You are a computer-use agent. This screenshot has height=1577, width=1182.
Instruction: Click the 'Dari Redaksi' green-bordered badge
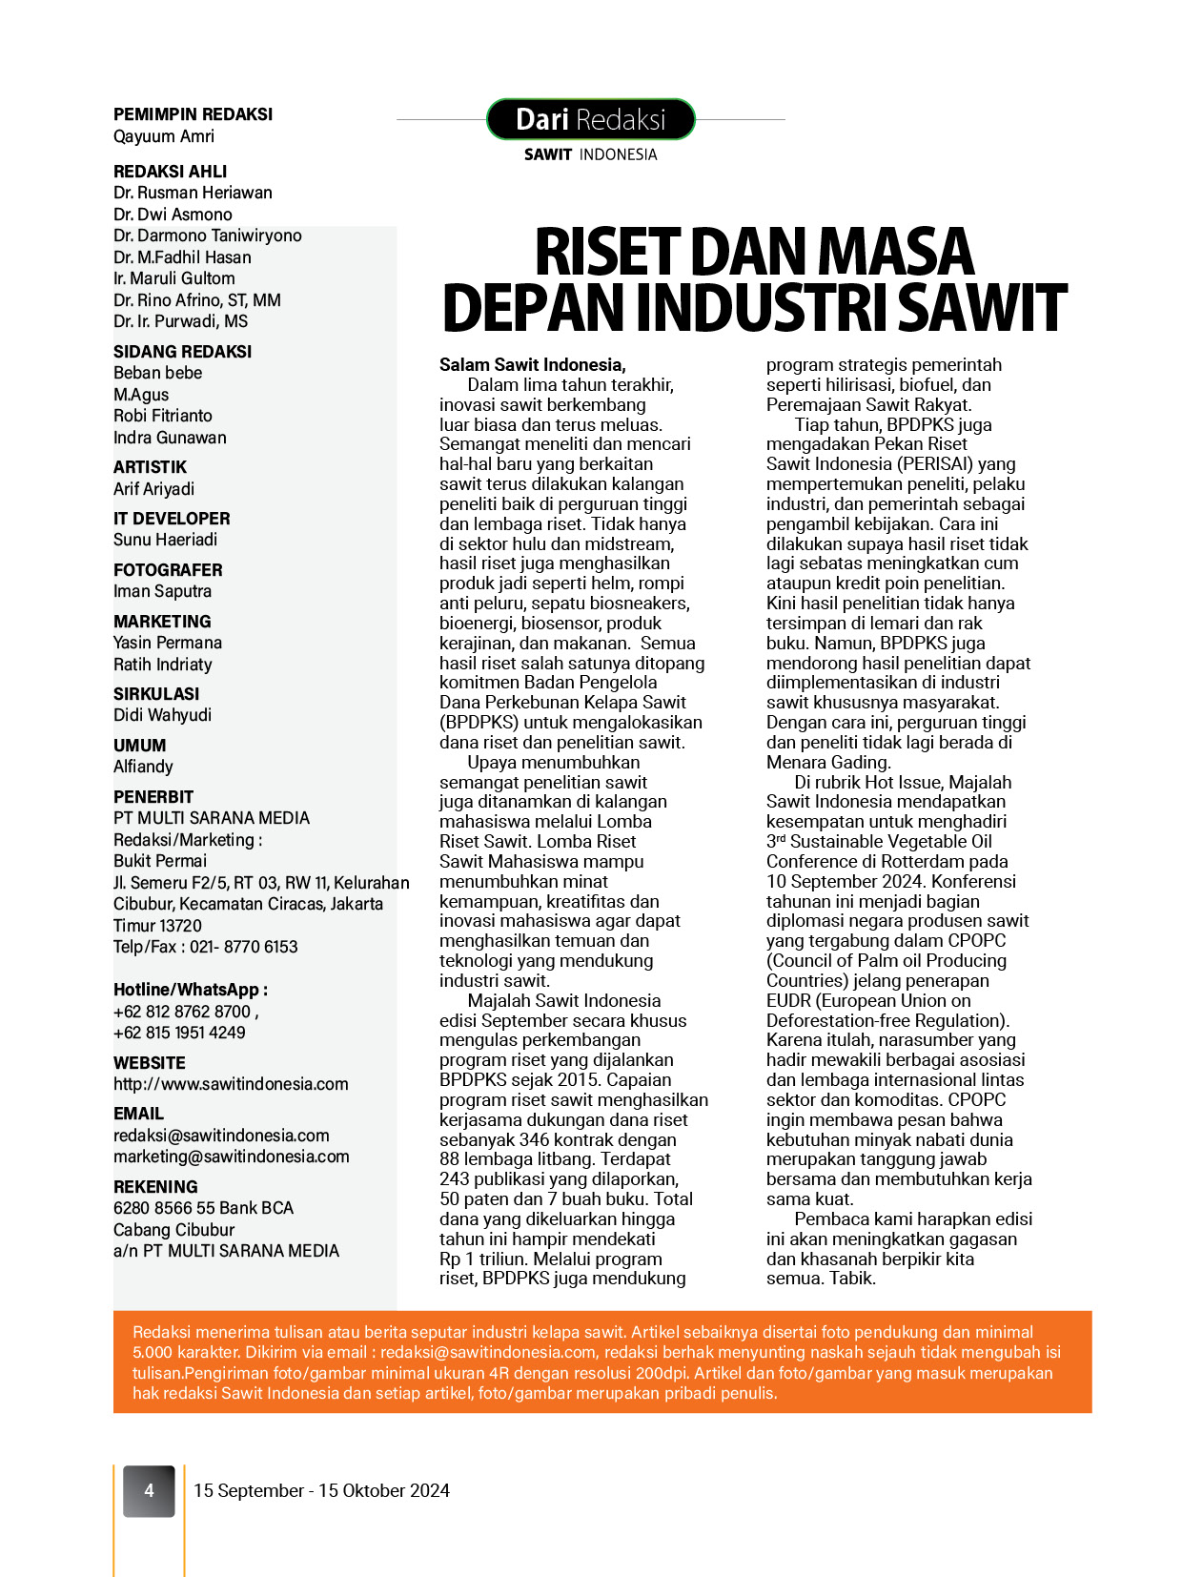click(x=590, y=119)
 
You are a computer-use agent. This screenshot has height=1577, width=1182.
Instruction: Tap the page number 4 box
click(x=149, y=1490)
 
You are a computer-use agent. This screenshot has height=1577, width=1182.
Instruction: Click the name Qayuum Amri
click(x=164, y=136)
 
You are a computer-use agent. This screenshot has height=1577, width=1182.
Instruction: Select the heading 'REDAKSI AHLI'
click(x=170, y=172)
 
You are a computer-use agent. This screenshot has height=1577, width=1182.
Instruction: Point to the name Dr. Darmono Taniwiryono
click(x=207, y=236)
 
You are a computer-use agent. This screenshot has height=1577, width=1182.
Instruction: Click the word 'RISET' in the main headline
click(x=604, y=253)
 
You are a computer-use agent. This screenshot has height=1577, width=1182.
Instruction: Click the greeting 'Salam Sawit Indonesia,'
click(x=532, y=365)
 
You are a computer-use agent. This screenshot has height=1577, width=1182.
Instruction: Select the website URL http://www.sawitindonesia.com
click(x=231, y=1084)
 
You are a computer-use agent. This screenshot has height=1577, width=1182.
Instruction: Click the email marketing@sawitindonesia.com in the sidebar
click(x=231, y=1157)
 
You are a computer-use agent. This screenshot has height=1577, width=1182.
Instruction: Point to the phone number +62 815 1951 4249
click(x=179, y=1033)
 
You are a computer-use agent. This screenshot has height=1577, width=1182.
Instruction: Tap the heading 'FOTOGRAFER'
click(x=168, y=570)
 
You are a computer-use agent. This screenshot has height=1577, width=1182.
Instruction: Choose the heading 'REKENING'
click(x=155, y=1187)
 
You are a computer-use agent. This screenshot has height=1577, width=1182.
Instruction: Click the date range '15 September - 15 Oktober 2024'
click(x=321, y=1490)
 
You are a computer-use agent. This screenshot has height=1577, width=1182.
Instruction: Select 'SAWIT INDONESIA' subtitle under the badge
click(x=590, y=154)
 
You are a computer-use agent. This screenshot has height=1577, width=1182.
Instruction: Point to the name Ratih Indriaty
click(x=162, y=665)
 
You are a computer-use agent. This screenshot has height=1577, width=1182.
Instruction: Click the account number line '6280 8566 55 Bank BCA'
click(x=203, y=1208)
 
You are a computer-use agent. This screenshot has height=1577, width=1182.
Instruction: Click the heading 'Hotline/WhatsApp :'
click(x=191, y=990)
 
